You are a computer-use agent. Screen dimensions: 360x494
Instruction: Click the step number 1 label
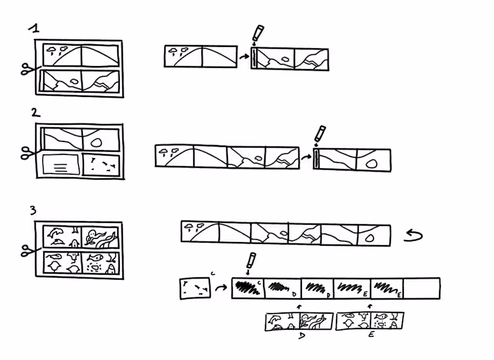[36, 29]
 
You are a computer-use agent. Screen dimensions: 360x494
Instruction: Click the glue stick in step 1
[257, 34]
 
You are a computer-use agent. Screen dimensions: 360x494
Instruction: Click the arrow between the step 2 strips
[306, 157]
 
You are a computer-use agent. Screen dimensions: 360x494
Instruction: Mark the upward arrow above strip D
[299, 306]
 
